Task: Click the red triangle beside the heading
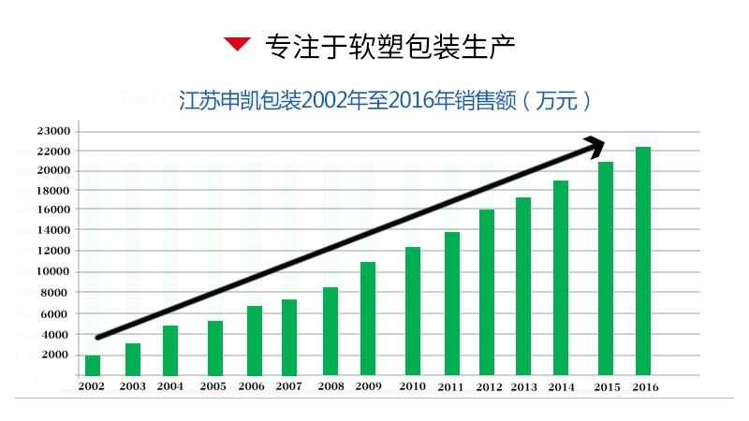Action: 238,43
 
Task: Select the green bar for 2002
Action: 93,365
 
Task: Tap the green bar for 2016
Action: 643,261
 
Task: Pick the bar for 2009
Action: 368,318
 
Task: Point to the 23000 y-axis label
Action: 53,131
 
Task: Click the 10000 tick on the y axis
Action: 53,272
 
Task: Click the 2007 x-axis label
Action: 288,386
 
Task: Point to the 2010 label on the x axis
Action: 412,386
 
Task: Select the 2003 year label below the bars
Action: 132,386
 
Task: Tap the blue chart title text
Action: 386,100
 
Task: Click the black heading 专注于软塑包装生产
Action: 390,44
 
